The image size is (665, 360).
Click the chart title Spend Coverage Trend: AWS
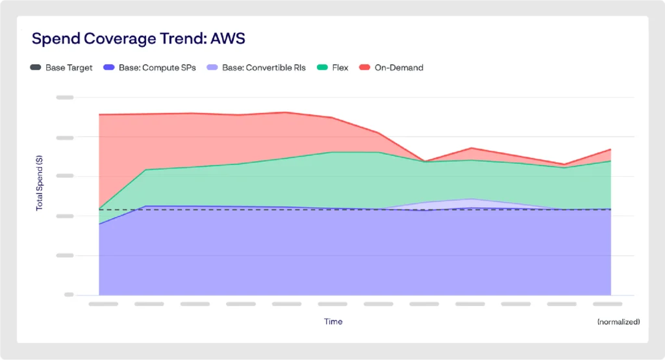138,38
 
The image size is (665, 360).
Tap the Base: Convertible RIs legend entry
263,68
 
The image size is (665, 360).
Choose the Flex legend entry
339,68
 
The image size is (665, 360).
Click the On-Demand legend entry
399,68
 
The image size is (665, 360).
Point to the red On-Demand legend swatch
364,68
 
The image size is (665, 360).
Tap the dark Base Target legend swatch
36,68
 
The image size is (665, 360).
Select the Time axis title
333,322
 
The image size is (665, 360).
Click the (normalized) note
618,322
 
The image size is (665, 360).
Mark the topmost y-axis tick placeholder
65,97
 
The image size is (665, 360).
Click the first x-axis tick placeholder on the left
103,303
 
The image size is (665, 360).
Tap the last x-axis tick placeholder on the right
608,303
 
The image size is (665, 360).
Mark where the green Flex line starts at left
99,210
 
